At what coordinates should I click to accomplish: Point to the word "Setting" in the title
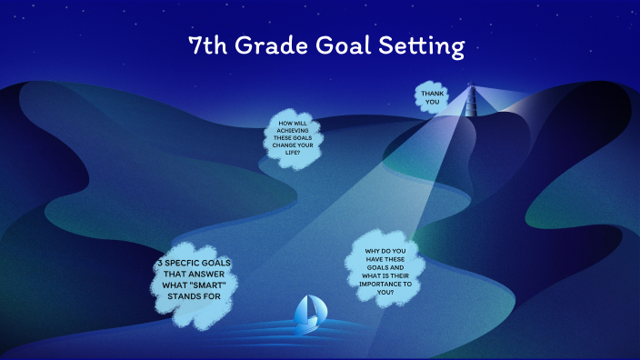pyautogui.click(x=425, y=46)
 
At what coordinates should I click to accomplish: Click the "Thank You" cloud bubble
pyautogui.click(x=432, y=97)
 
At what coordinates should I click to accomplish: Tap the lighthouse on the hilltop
pyautogui.click(x=471, y=101)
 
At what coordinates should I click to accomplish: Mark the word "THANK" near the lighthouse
pyautogui.click(x=432, y=93)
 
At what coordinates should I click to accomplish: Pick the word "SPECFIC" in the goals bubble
pyautogui.click(x=185, y=262)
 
